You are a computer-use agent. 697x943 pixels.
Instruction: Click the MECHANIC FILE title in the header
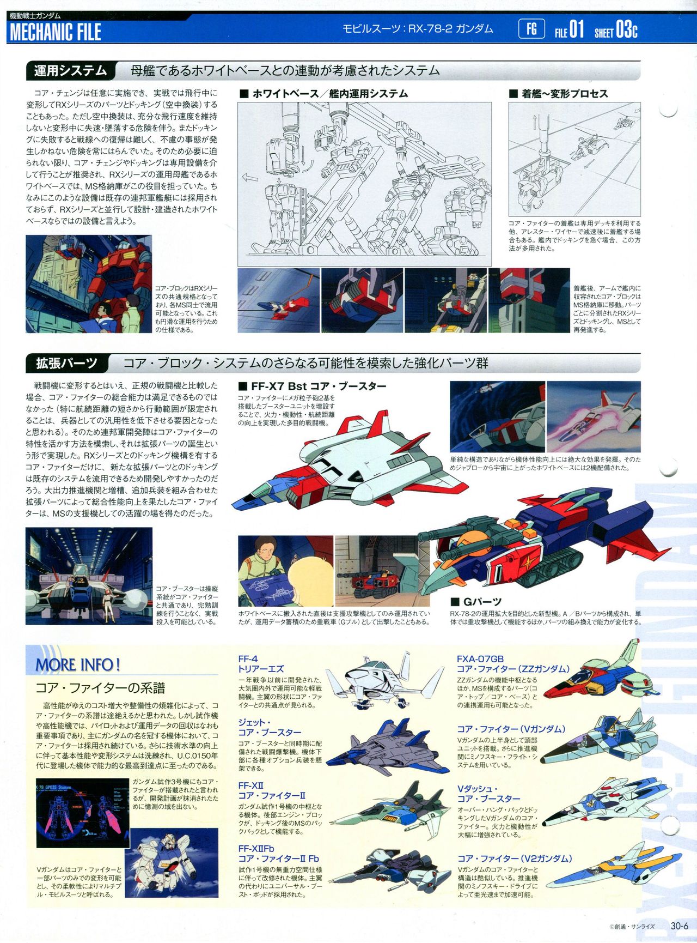(x=55, y=32)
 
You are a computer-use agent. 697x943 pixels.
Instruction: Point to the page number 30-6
(x=680, y=926)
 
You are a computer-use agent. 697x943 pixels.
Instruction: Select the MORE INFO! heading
(x=78, y=664)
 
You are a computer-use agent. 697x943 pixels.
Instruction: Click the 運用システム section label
(x=71, y=71)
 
